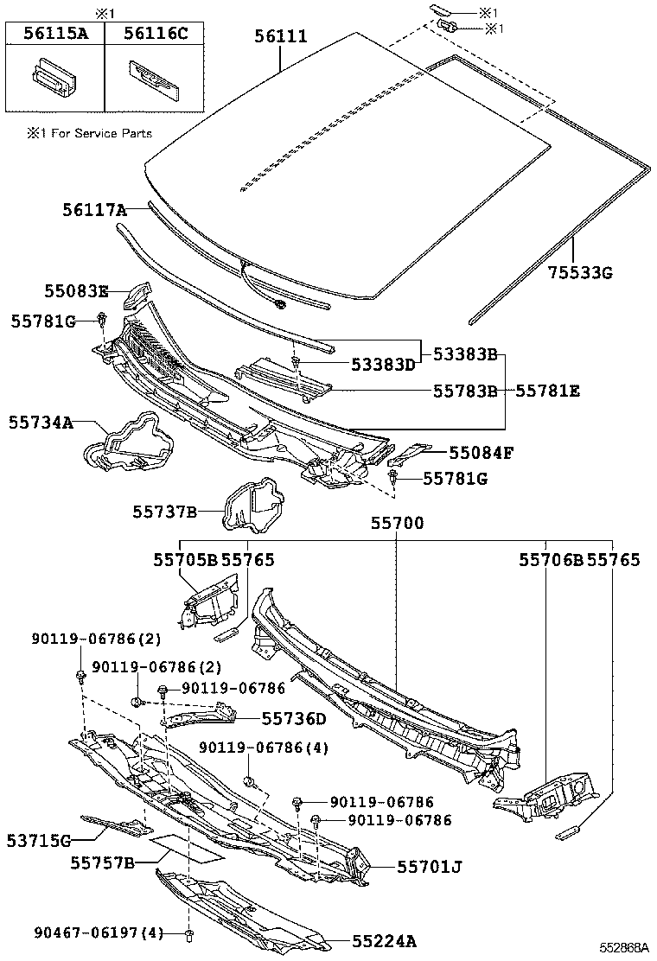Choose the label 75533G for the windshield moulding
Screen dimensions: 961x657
pyautogui.click(x=579, y=273)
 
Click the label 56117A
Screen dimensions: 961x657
pyautogui.click(x=94, y=209)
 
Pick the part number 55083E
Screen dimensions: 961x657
pyautogui.click(x=77, y=291)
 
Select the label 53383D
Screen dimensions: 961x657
pyautogui.click(x=382, y=365)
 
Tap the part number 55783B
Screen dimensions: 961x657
pyautogui.click(x=465, y=391)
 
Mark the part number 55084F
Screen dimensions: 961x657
pyautogui.click(x=481, y=451)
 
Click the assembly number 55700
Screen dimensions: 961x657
pyautogui.click(x=397, y=523)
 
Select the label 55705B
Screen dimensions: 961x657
pyautogui.click(x=185, y=560)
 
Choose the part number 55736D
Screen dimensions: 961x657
pyautogui.click(x=294, y=718)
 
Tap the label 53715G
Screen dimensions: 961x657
pyautogui.click(x=39, y=839)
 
